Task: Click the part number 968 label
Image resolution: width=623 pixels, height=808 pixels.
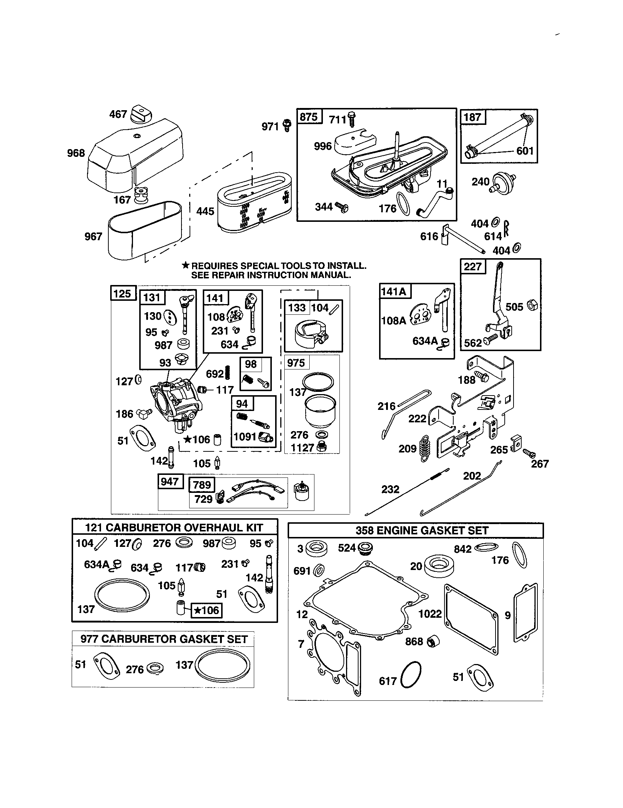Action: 76,153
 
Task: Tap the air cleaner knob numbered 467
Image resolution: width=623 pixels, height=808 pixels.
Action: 141,113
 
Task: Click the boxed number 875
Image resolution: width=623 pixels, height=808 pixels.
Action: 309,117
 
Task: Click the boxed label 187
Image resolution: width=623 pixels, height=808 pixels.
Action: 473,117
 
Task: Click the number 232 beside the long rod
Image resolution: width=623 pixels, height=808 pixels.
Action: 390,490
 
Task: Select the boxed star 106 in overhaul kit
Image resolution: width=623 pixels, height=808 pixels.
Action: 206,610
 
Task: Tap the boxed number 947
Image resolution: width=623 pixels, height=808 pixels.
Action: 170,481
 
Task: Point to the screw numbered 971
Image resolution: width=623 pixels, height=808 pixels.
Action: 287,125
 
